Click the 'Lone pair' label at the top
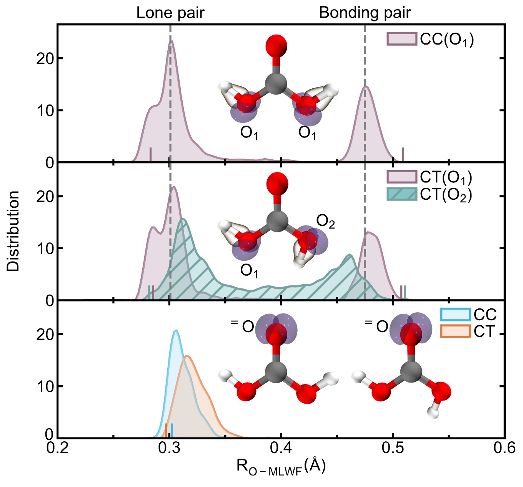170,13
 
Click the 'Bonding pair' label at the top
365,13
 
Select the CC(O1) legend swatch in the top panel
401,39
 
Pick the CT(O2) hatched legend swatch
401,194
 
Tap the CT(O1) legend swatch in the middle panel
401,177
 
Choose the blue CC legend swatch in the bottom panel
455,314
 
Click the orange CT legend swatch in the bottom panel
455,331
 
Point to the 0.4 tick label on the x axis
281,448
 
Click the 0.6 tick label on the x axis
504,448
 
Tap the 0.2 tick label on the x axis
58,448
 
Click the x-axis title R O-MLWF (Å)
281,466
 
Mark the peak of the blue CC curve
176,331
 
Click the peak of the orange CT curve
187,356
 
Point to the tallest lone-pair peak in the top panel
171,41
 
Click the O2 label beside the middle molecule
325,222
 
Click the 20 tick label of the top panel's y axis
45,58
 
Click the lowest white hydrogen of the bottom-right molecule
433,413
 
